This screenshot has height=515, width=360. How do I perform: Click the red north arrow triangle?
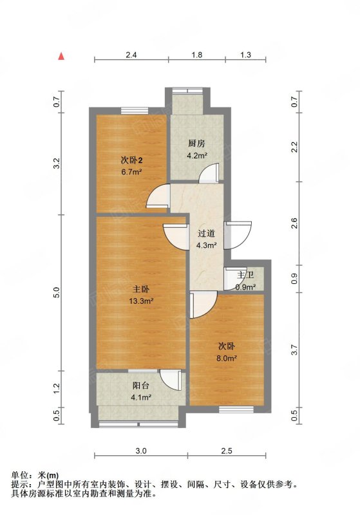[61, 56]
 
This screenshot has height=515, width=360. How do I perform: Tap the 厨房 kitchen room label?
[197, 144]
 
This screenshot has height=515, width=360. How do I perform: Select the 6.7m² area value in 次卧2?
[131, 171]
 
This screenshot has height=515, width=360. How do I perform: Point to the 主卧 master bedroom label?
[141, 289]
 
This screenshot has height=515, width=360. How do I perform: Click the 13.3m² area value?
[141, 301]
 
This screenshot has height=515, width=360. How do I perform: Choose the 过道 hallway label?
[206, 234]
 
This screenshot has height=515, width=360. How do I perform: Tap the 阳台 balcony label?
[141, 386]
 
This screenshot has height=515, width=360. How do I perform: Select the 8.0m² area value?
[227, 358]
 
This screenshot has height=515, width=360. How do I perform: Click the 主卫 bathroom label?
[245, 275]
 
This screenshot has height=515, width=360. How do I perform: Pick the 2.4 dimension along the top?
[131, 55]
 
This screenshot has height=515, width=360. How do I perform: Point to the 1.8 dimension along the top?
[197, 55]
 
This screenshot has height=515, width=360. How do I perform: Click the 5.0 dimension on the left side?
[57, 292]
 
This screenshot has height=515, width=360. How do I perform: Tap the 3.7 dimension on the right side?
[295, 350]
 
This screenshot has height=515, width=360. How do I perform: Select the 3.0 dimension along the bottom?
[141, 451]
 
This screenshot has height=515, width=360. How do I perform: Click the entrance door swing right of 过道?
[238, 235]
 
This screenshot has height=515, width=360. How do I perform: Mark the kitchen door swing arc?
[209, 173]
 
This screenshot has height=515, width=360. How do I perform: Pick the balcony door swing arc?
[171, 380]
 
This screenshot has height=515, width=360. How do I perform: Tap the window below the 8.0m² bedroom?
[236, 409]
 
